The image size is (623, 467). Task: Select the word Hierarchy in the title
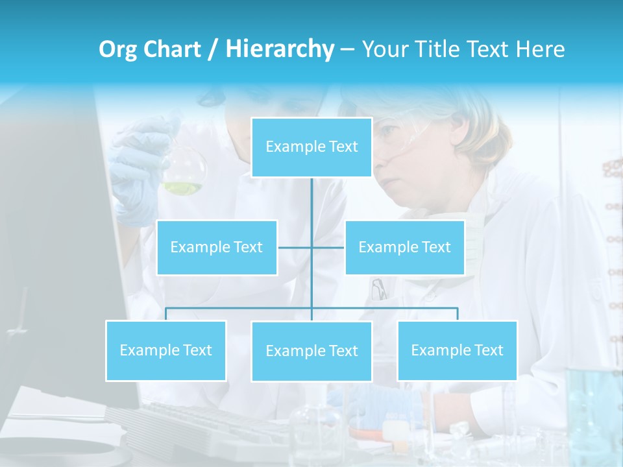click(280, 49)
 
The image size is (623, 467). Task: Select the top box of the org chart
click(311, 147)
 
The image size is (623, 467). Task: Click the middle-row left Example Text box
click(217, 247)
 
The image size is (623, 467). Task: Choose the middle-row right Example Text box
click(404, 247)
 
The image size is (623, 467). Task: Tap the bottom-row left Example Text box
click(165, 350)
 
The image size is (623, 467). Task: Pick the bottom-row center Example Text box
click(311, 351)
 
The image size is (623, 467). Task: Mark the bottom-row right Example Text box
click(457, 350)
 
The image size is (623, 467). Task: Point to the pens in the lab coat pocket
click(378, 289)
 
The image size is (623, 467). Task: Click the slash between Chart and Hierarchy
click(214, 49)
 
